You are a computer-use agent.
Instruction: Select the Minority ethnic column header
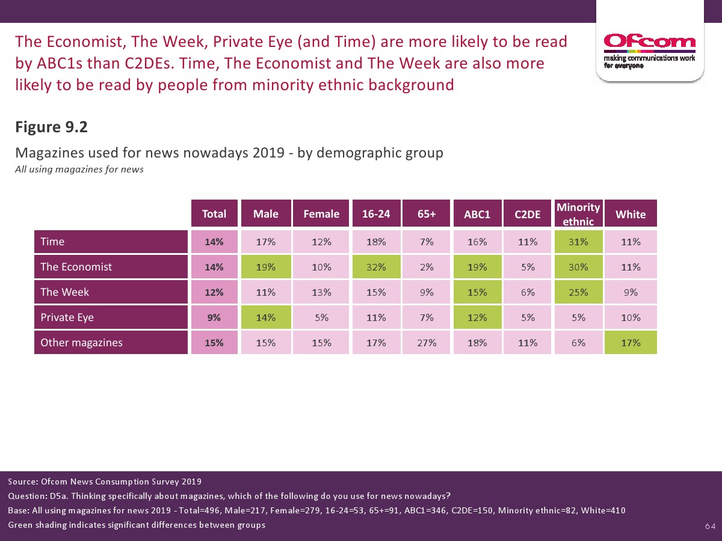coord(578,214)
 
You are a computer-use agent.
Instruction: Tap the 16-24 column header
coord(377,214)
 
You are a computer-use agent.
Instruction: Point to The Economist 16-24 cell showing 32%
coord(377,267)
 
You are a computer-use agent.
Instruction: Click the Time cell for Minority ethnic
coord(578,242)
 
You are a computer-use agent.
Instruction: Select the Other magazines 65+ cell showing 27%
coord(427,343)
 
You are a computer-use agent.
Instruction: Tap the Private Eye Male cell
coord(266,317)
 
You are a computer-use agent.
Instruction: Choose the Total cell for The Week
coord(214,292)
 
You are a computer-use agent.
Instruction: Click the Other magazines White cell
coord(631,343)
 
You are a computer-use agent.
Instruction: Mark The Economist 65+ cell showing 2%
coord(427,267)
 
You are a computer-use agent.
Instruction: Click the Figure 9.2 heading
coord(52,127)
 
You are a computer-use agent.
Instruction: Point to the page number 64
coord(710,527)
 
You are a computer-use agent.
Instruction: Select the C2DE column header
coord(528,214)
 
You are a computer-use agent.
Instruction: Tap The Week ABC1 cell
coord(477,292)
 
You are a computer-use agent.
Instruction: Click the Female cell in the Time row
coord(321,242)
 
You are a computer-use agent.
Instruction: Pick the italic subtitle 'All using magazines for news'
coord(79,170)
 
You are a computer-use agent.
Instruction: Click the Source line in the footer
coord(105,481)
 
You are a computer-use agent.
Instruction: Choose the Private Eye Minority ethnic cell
coord(578,317)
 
